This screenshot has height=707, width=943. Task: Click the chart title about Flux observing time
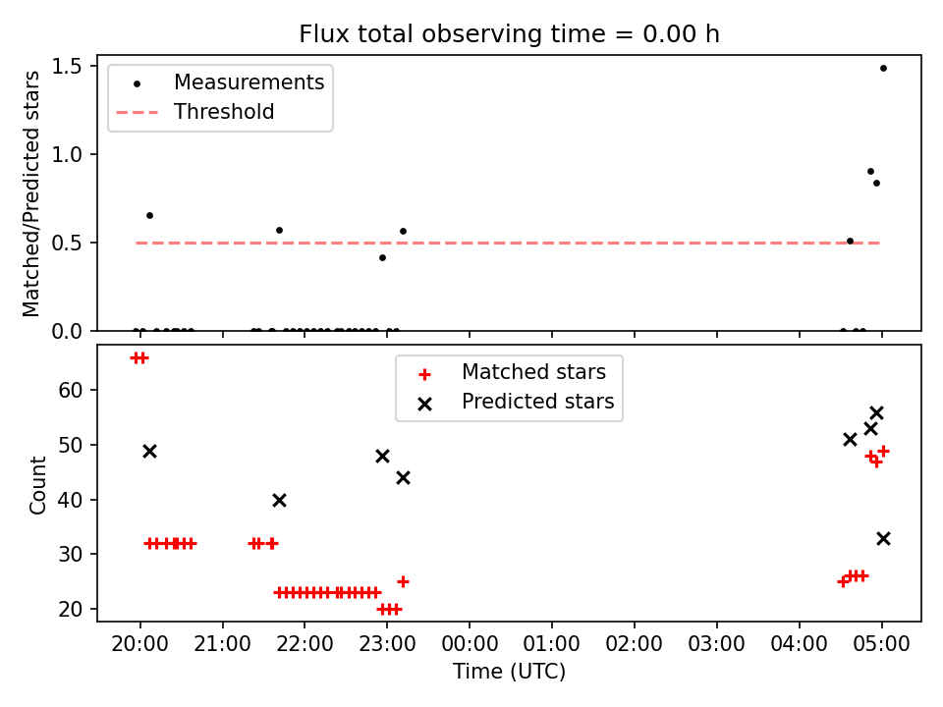pyautogui.click(x=509, y=33)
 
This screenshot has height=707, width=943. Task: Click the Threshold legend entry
pyautogui.click(x=195, y=112)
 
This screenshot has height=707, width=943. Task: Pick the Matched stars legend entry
pyautogui.click(x=512, y=373)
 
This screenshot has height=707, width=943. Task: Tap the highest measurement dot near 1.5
pyautogui.click(x=883, y=69)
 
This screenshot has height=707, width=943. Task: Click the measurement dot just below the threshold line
pyautogui.click(x=382, y=258)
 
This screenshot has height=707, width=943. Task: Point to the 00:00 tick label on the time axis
pyautogui.click(x=470, y=644)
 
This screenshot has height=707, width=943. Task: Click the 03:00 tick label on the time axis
pyautogui.click(x=716, y=644)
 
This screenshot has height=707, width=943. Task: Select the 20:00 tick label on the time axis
pyautogui.click(x=139, y=644)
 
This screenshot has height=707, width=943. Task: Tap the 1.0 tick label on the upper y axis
pyautogui.click(x=66, y=154)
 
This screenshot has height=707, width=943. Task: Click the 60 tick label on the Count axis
pyautogui.click(x=71, y=390)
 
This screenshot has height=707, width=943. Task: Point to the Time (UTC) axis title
pyautogui.click(x=509, y=672)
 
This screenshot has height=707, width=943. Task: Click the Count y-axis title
pyautogui.click(x=37, y=484)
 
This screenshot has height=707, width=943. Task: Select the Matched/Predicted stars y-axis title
pyautogui.click(x=30, y=193)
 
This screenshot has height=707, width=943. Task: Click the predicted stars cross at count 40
pyautogui.click(x=279, y=500)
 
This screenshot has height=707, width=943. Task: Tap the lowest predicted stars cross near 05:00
pyautogui.click(x=883, y=539)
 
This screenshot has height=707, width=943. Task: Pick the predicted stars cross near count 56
pyautogui.click(x=876, y=413)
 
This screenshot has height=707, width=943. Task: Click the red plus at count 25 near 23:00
pyautogui.click(x=403, y=582)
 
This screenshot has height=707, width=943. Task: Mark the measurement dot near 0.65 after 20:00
pyautogui.click(x=149, y=216)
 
